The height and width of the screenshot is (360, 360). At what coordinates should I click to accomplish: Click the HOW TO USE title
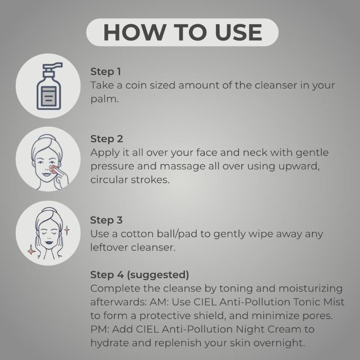pyautogui.click(x=183, y=32)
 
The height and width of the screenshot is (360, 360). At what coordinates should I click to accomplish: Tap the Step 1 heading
pyautogui.click(x=106, y=72)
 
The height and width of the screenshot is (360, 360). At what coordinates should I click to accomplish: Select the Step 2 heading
pyautogui.click(x=107, y=139)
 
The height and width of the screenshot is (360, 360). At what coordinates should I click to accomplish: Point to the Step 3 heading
pyautogui.click(x=106, y=220)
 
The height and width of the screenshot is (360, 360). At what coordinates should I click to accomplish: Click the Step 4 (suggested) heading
pyautogui.click(x=139, y=275)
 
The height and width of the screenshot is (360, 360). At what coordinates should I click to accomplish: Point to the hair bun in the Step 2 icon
pyautogui.click(x=47, y=137)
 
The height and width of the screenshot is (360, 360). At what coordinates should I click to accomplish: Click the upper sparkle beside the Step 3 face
pyautogui.click(x=67, y=230)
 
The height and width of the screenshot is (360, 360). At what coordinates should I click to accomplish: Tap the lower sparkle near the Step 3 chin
pyautogui.click(x=31, y=251)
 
